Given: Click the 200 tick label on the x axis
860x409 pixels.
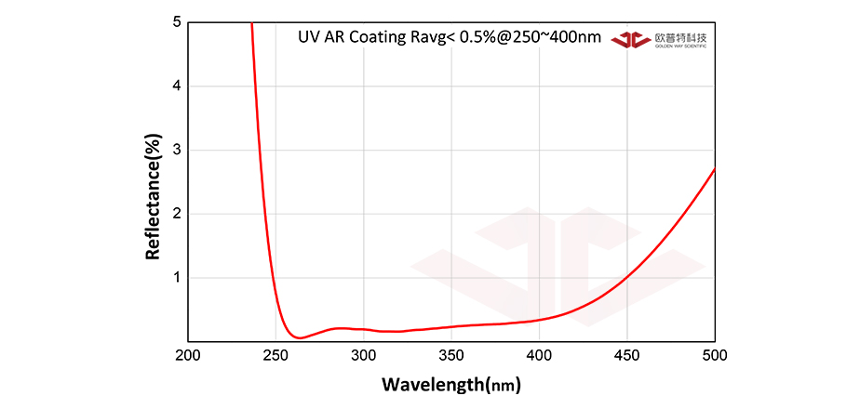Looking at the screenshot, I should (x=187, y=355).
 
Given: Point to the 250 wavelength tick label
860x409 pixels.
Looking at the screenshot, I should (x=275, y=355).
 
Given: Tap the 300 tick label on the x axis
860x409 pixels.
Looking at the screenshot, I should (x=363, y=355).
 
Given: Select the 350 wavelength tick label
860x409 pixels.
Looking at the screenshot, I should (x=451, y=355).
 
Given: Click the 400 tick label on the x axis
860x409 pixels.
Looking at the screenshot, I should (x=539, y=355).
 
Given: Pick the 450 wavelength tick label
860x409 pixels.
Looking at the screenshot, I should (x=627, y=355).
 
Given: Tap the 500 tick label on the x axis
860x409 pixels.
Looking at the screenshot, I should (x=715, y=355).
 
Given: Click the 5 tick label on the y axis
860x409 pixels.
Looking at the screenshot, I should (x=177, y=22).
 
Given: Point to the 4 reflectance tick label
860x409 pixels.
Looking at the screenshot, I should (x=177, y=86).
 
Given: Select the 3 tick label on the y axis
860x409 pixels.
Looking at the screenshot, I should (x=177, y=150).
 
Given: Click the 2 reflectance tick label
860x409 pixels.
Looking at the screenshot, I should (x=177, y=214).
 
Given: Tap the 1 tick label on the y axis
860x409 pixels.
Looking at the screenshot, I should (x=177, y=278).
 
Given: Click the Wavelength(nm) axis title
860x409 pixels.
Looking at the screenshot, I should (x=451, y=383).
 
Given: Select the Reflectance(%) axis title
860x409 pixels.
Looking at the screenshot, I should (x=154, y=196).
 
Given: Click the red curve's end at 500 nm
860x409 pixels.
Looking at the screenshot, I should (x=715, y=168).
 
